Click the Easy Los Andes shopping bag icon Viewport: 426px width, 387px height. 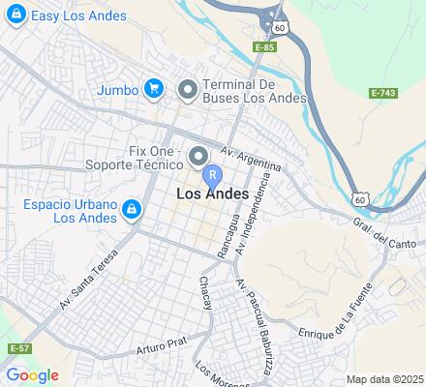(15, 15)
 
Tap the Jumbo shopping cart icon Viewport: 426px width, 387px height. (153, 90)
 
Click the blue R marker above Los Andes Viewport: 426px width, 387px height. (213, 176)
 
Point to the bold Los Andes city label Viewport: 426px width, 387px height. (213, 194)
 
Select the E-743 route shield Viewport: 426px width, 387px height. (384, 93)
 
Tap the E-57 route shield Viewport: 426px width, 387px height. (16, 347)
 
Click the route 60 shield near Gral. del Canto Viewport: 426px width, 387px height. (360, 199)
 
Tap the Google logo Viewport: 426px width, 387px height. (32, 375)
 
